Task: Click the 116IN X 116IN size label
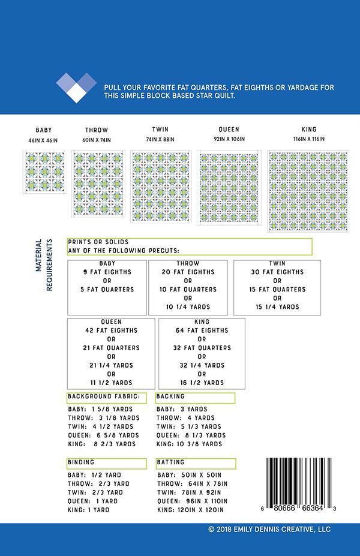[x=308, y=140]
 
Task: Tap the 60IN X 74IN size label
[x=97, y=140]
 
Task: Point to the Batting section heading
[x=171, y=463]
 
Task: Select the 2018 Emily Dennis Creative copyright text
[x=269, y=530]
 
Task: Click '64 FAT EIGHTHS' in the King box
[x=202, y=330]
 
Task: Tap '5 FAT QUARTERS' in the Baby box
[x=108, y=290]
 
